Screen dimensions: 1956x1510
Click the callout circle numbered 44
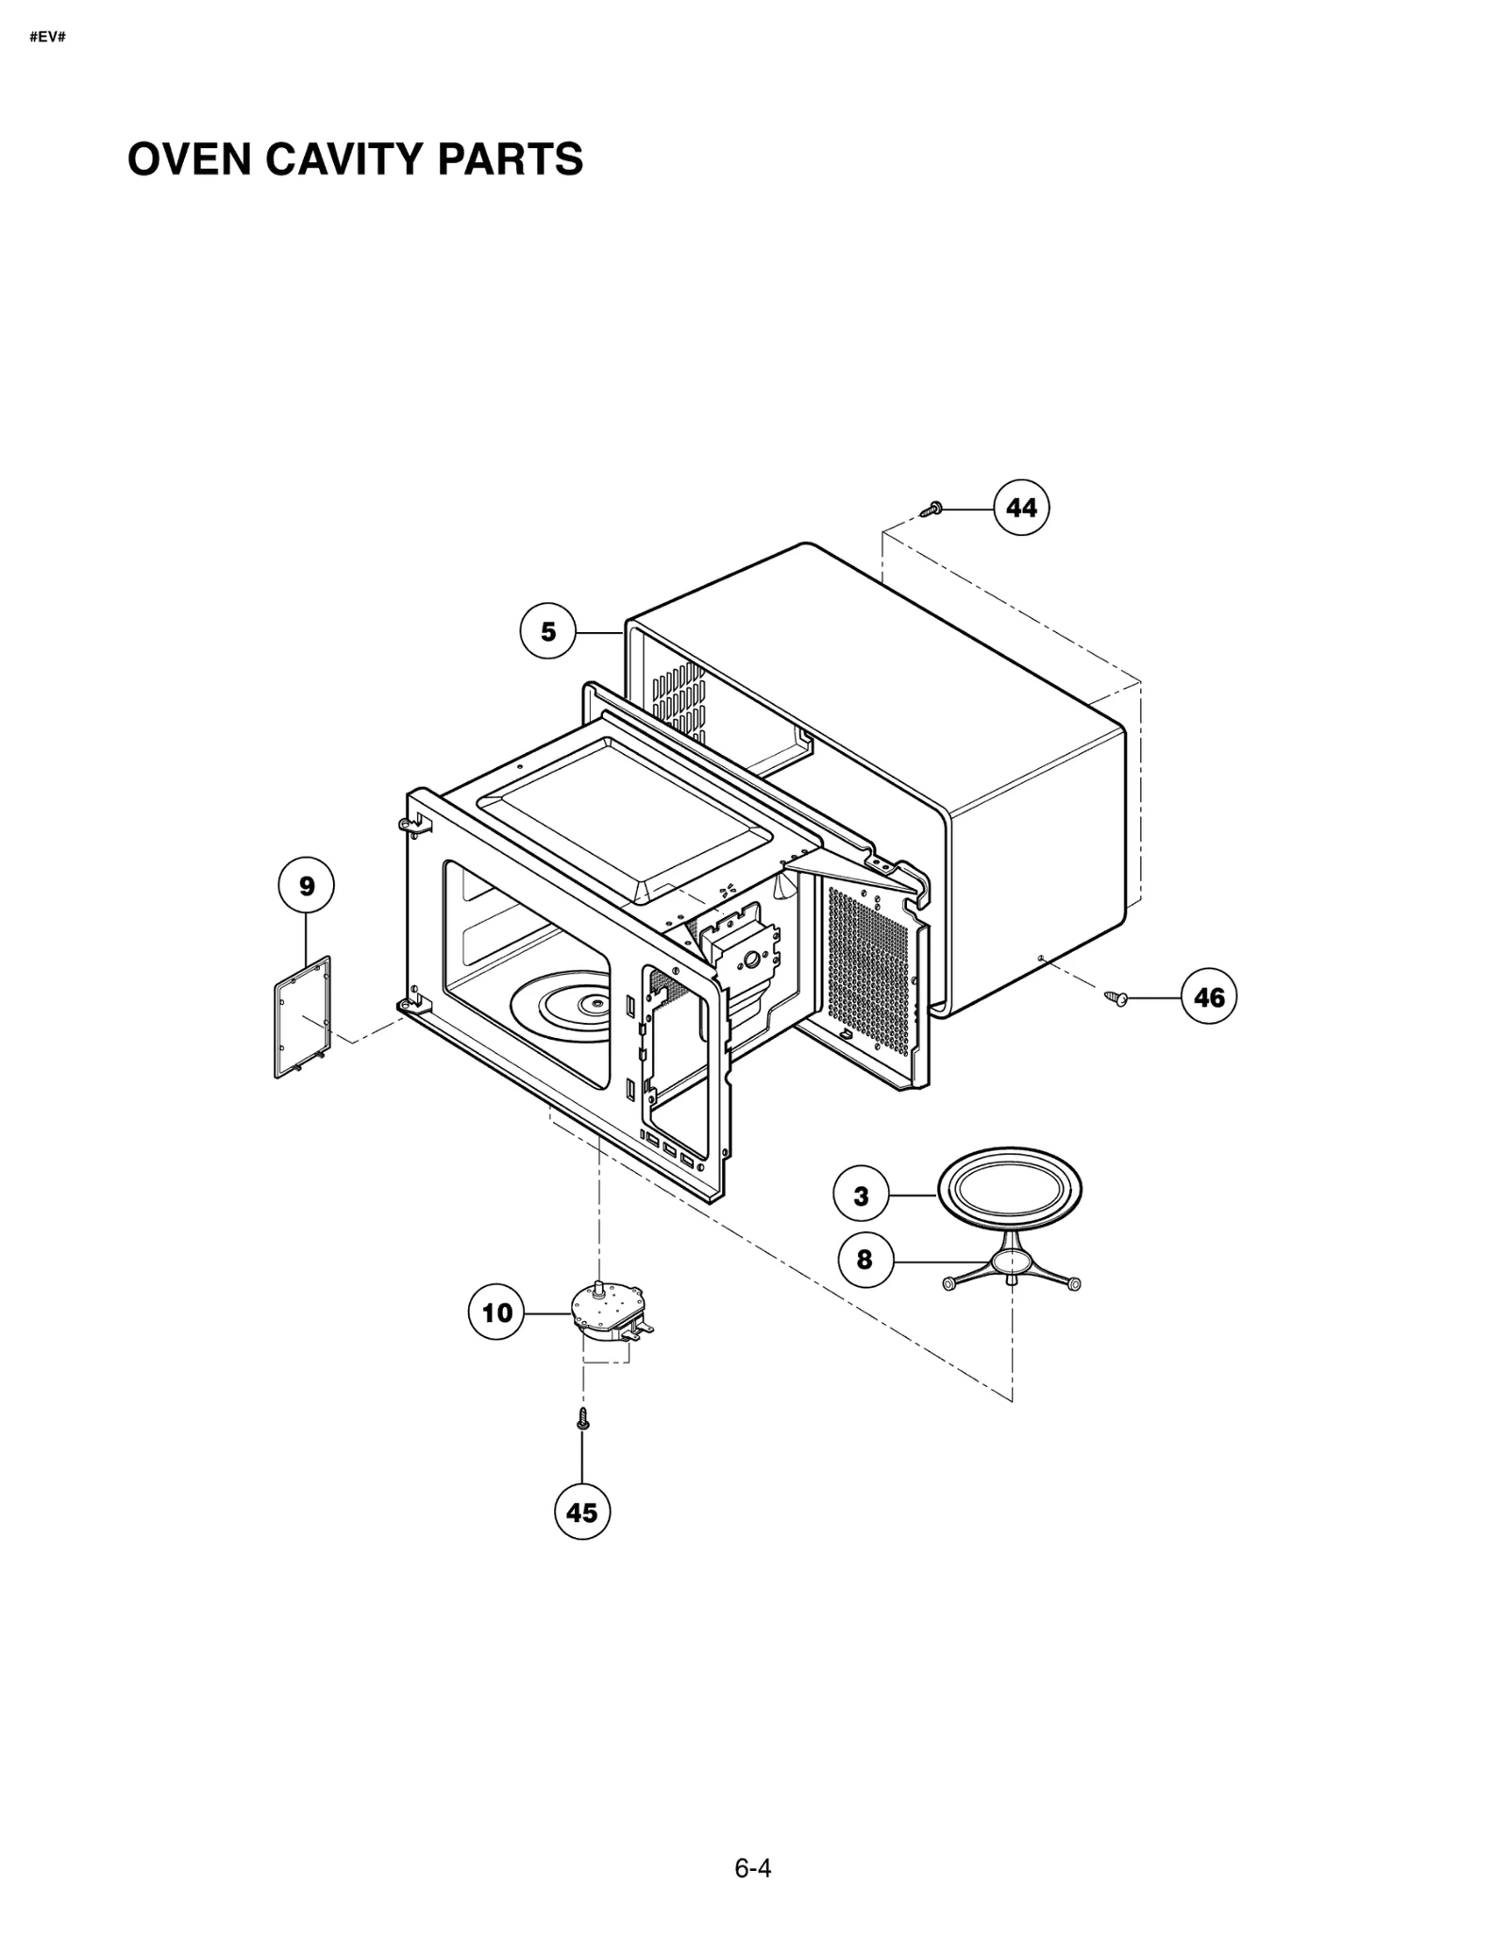[1021, 508]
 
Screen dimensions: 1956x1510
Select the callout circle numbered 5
[548, 631]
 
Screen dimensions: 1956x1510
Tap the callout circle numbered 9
[307, 886]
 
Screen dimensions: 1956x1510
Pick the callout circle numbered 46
[1209, 997]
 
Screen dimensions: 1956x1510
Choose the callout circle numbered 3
[861, 1196]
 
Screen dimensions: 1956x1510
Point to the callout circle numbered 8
[864, 1260]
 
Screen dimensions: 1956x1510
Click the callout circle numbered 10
[497, 1312]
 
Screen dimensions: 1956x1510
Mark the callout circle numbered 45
[582, 1513]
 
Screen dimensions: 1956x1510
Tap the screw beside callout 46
[1117, 996]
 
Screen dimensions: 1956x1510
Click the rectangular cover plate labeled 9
[303, 1017]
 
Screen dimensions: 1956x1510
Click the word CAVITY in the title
[336, 159]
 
